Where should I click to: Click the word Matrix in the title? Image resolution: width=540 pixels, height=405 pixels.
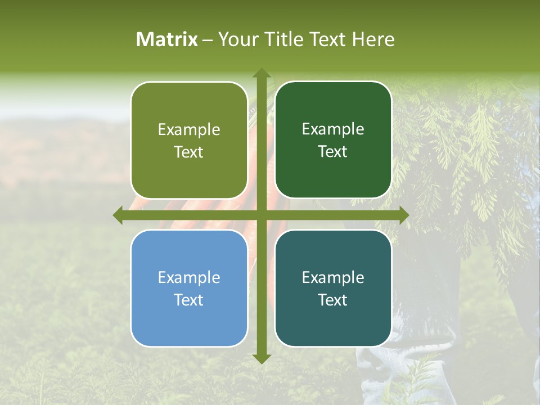click(x=167, y=39)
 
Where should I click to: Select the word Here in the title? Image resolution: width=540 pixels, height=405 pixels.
click(x=373, y=39)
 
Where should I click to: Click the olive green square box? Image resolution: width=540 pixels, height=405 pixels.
click(x=189, y=141)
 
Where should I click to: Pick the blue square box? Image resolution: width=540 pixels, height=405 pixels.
click(x=189, y=288)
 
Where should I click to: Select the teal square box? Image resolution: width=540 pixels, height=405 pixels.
click(x=333, y=288)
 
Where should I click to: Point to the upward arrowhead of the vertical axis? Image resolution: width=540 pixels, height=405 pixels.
click(x=261, y=73)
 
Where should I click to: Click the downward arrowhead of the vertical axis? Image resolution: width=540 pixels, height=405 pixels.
click(x=261, y=358)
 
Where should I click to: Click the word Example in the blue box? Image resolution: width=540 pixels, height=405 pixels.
click(x=189, y=277)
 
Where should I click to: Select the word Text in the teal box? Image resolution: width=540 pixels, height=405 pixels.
click(x=333, y=300)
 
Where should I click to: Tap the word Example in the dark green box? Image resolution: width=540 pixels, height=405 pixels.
click(x=333, y=129)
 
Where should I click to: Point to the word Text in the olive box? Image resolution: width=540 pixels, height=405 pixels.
click(x=189, y=152)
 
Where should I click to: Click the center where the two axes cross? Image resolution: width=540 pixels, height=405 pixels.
click(x=261, y=215)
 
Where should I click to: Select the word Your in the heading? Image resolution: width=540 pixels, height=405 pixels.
click(x=235, y=39)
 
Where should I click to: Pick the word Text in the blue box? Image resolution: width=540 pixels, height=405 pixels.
click(x=189, y=300)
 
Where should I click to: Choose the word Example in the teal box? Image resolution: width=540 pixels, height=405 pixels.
click(x=333, y=277)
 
